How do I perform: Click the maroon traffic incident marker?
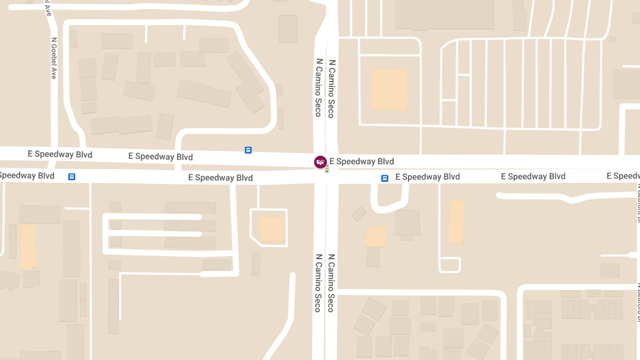320,162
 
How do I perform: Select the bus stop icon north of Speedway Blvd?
248,150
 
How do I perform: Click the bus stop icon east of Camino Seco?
385,178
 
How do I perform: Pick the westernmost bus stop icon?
71,177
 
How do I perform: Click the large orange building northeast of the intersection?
389,90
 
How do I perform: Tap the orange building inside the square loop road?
272,228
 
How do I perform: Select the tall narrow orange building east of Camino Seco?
457,222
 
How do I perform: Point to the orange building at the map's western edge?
27,246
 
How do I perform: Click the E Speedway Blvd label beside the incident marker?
362,162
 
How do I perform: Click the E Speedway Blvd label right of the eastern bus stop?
427,177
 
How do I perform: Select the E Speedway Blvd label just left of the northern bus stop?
161,157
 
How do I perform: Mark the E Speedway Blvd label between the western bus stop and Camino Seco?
220,178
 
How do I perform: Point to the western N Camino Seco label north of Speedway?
318,87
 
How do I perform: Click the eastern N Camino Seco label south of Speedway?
331,283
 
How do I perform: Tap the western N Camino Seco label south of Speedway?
318,283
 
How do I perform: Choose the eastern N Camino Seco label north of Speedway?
331,87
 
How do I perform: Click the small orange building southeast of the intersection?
376,237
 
